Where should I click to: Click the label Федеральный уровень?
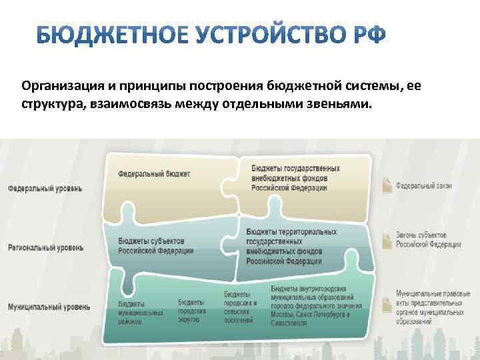pos(45,189)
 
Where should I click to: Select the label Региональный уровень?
pos(46,248)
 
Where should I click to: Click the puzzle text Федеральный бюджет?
pos(154,174)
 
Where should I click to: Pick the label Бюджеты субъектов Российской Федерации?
pos(156,246)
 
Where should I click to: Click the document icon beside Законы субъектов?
pos(387,239)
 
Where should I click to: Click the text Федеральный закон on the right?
pos(425,185)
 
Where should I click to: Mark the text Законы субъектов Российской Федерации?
pos(428,240)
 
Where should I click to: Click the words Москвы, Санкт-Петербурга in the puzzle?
pos(313,314)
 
